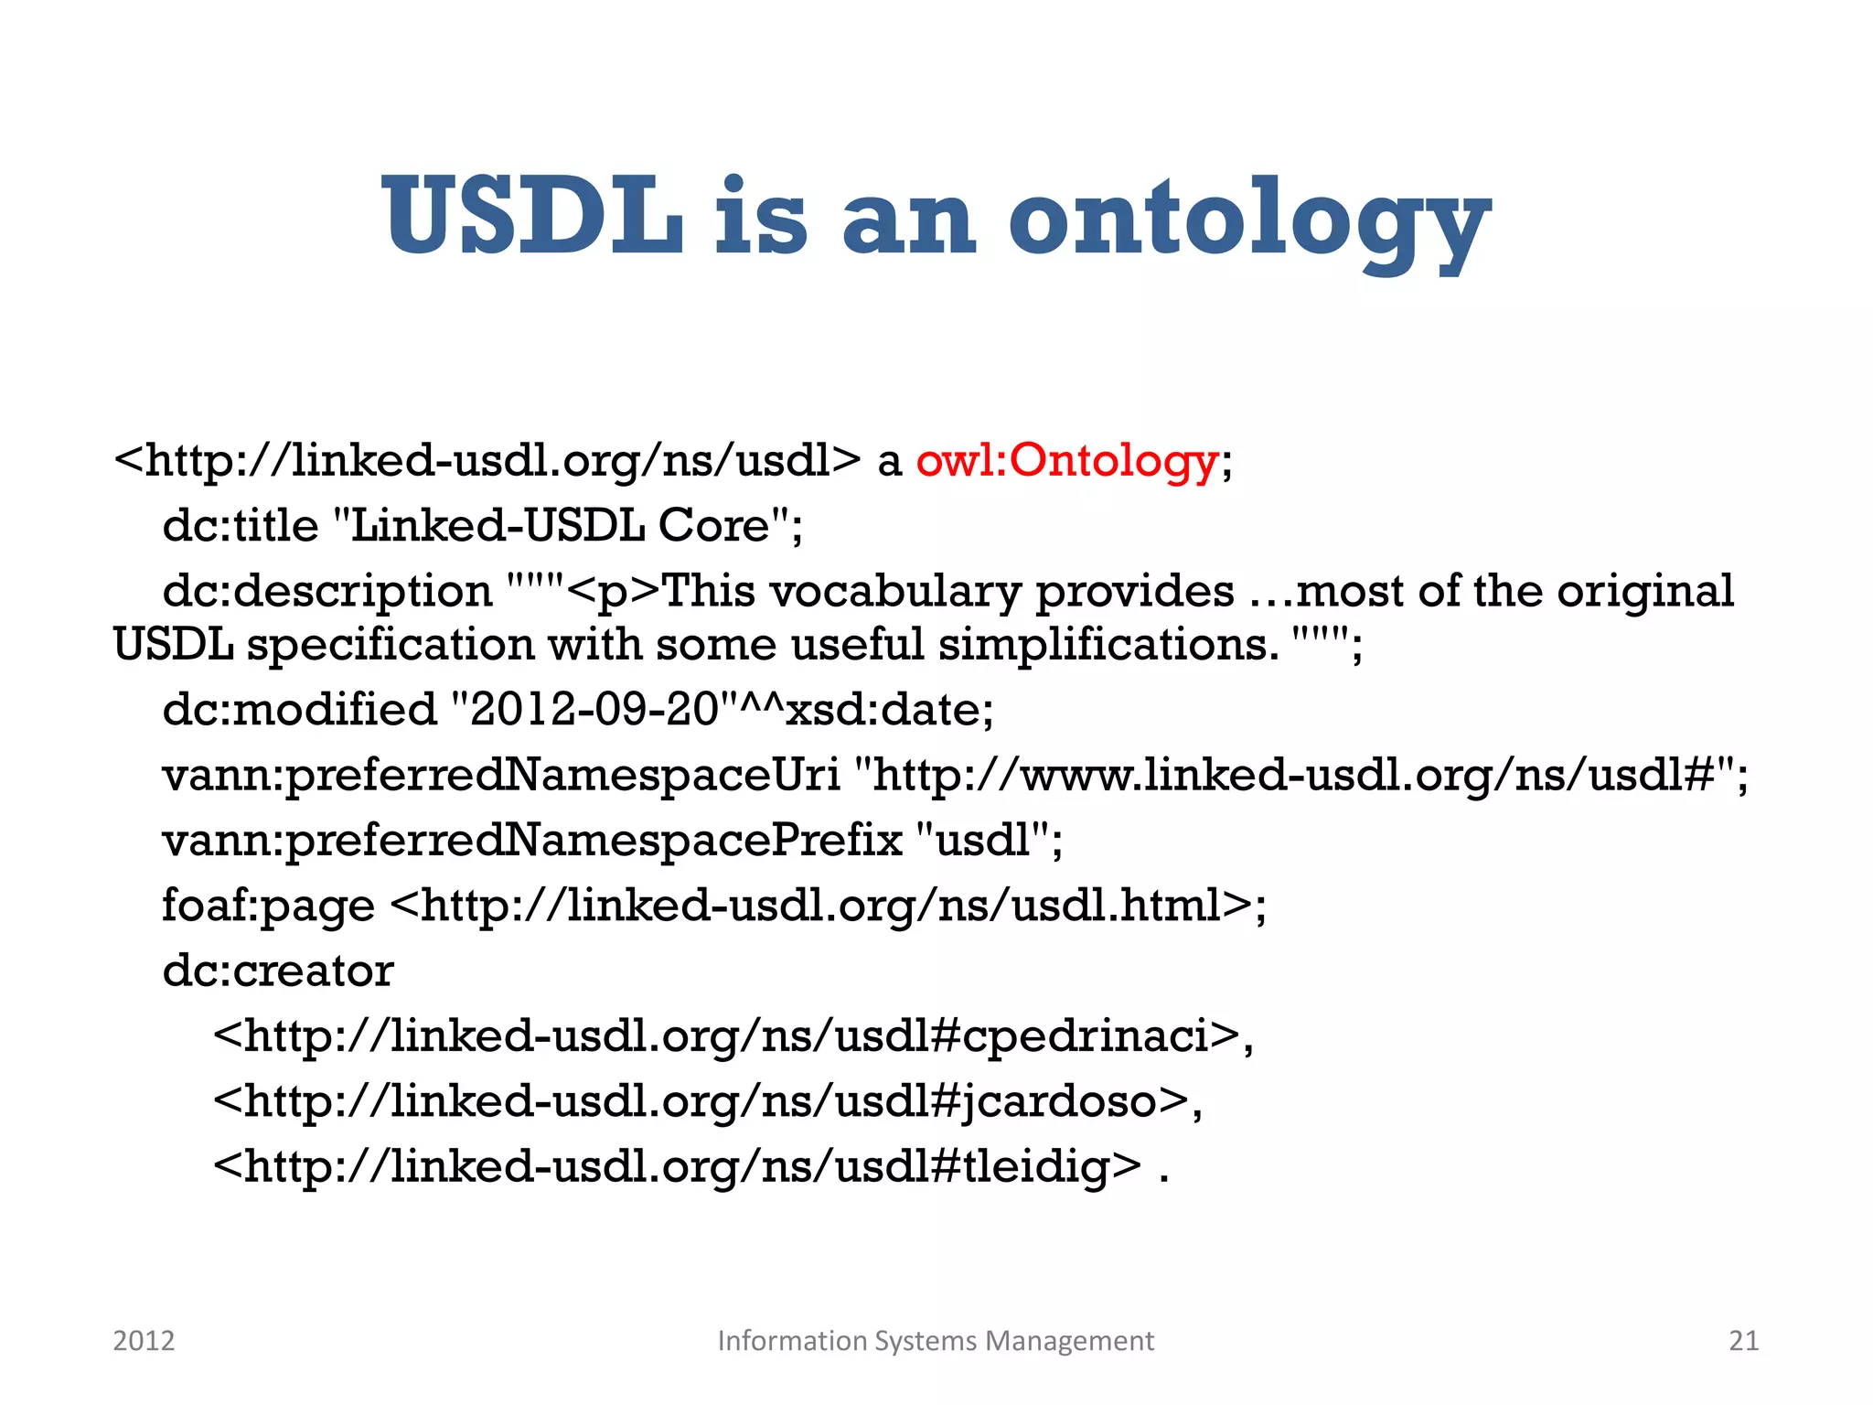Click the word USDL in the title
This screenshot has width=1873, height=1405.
tap(533, 217)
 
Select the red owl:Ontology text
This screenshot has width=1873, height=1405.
tap(1067, 460)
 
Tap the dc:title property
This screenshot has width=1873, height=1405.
tap(241, 526)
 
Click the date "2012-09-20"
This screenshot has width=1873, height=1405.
tap(595, 710)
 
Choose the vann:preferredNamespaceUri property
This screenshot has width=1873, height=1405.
tap(500, 776)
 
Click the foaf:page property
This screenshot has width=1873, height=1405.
tap(268, 906)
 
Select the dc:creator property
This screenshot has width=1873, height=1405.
tap(277, 971)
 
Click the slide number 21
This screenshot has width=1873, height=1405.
tap(1743, 1341)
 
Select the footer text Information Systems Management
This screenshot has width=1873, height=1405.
tap(936, 1341)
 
